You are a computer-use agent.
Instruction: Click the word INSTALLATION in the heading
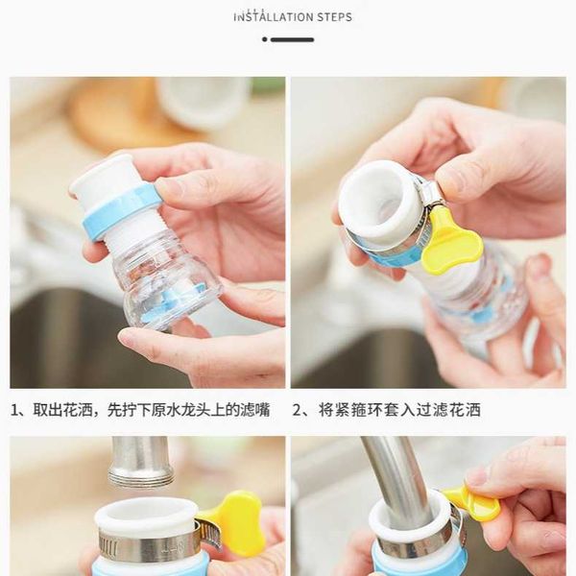[274, 17]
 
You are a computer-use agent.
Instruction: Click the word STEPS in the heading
[334, 17]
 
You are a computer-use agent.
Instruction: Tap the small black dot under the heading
[265, 39]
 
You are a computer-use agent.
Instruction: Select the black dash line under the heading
[293, 39]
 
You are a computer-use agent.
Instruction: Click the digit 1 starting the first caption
[15, 410]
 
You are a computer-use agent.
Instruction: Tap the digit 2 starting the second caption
[297, 410]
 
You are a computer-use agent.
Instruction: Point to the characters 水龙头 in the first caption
[189, 410]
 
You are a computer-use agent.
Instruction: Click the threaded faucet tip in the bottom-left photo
[141, 476]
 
